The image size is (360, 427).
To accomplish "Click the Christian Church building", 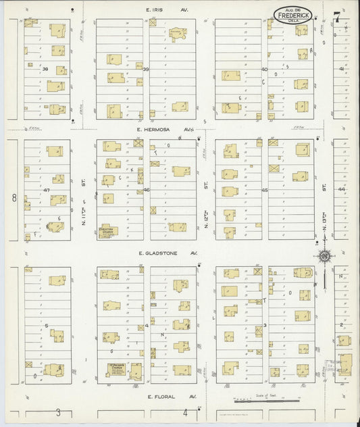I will pyautogui.click(x=108, y=230).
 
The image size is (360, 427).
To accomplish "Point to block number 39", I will pyautogui.click(x=145, y=70).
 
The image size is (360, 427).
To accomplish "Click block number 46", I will pyautogui.click(x=146, y=191).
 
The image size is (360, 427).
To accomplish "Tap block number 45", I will pyautogui.click(x=265, y=191).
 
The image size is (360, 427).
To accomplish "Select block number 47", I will pyautogui.click(x=47, y=191).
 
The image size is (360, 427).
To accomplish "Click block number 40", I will pyautogui.click(x=265, y=70).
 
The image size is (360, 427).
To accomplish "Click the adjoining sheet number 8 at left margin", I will pyautogui.click(x=13, y=198).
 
